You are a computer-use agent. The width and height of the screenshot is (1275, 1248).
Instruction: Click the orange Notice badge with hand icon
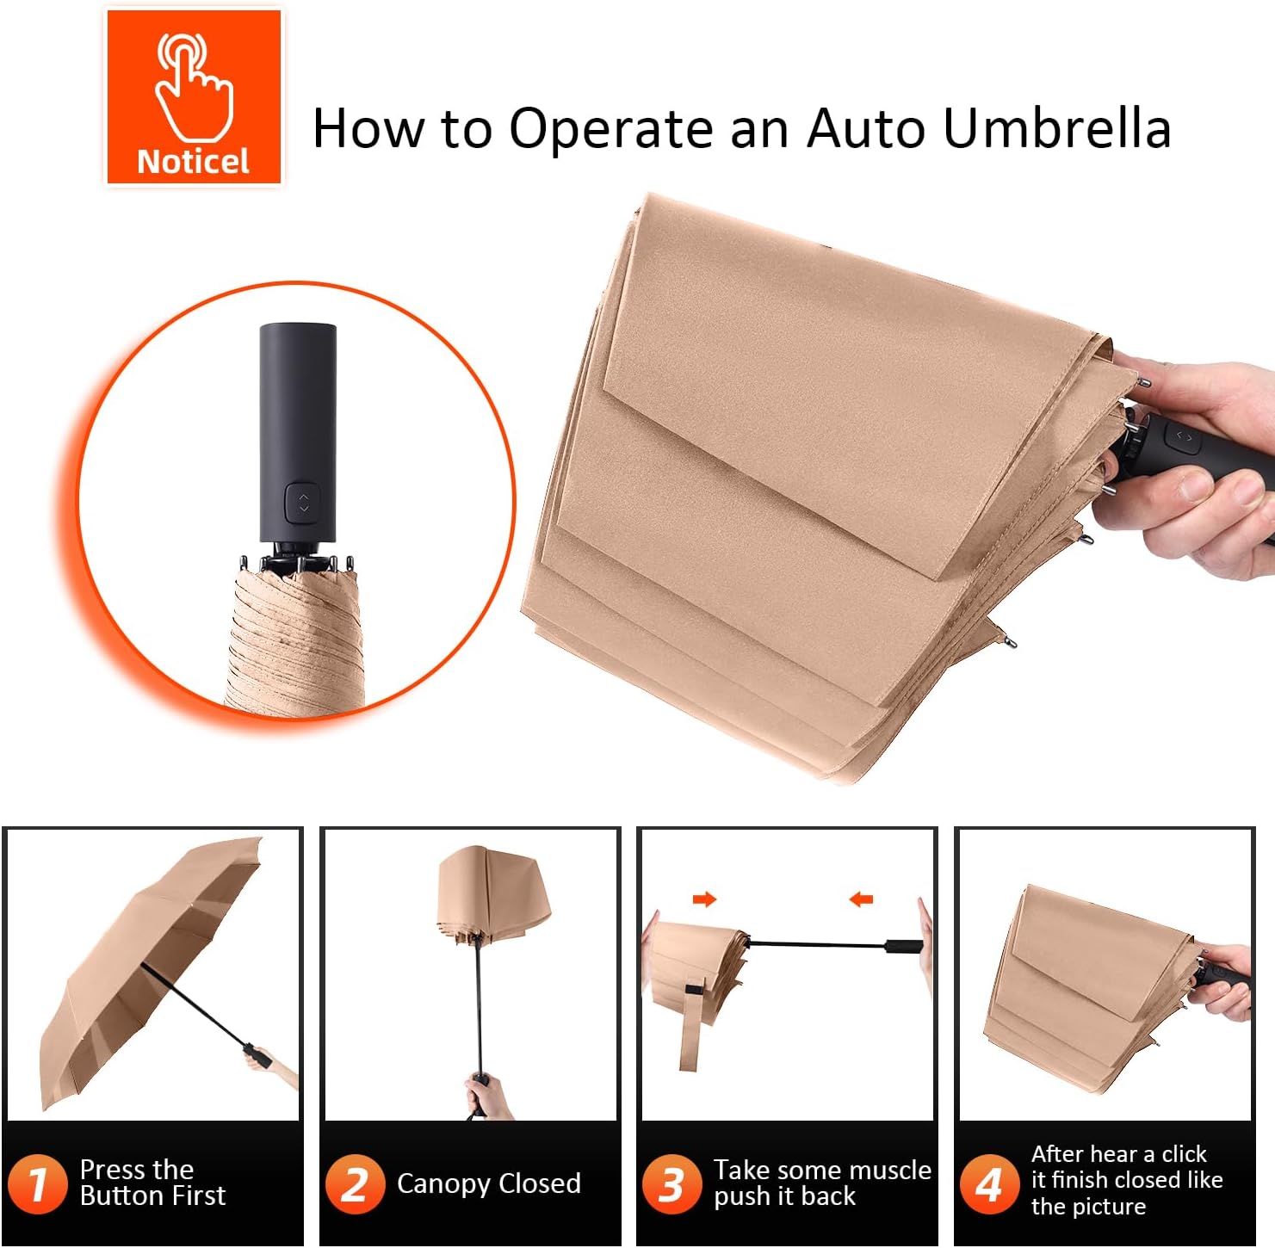[194, 96]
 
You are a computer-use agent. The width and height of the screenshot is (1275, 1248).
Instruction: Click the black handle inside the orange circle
[298, 430]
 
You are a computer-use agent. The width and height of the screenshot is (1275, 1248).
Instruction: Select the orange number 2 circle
[355, 1184]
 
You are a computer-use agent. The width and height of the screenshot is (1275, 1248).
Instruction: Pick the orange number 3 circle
[672, 1184]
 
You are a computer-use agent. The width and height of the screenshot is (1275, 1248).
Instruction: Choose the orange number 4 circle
[989, 1184]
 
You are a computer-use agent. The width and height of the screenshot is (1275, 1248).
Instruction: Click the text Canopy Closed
[488, 1183]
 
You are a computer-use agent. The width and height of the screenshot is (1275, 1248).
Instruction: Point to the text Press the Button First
[152, 1183]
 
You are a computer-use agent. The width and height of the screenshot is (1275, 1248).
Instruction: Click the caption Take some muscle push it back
[821, 1183]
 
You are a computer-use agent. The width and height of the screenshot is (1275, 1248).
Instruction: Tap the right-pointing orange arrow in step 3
[704, 899]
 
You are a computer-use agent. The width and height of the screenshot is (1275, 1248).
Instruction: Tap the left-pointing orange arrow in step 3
[861, 899]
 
